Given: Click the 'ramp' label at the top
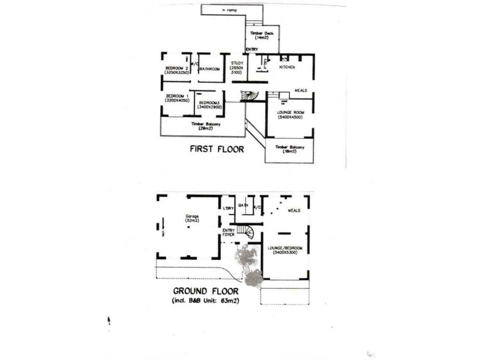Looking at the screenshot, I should [231, 11].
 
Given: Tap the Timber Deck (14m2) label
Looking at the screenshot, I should [262, 35].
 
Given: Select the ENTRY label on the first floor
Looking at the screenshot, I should [252, 49].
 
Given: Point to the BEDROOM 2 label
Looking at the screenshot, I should [177, 70].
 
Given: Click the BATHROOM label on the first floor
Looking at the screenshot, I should [209, 69].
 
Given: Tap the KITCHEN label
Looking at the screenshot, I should [287, 67].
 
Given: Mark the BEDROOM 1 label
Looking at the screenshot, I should [177, 98].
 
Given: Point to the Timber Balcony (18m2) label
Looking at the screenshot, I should [290, 149].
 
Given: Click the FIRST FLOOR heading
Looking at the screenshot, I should [217, 149].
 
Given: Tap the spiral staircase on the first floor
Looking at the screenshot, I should [248, 96].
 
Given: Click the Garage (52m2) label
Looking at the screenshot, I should [192, 219].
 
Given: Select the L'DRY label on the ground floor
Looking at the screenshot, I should [227, 208].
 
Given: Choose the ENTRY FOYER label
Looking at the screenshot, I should [229, 233].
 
